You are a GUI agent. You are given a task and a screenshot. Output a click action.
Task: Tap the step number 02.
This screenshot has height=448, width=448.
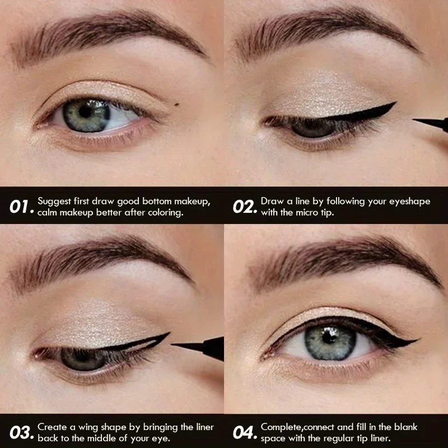coord(244,207)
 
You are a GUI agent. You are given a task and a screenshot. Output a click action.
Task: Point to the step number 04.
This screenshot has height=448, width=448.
coord(244,431)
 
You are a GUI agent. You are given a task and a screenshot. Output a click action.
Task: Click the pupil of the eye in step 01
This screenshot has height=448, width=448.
coord(86,111)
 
